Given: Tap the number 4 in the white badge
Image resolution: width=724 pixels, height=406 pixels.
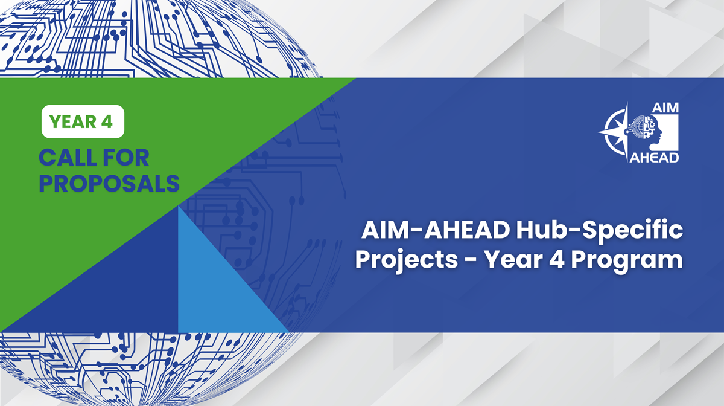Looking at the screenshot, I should pos(107,121).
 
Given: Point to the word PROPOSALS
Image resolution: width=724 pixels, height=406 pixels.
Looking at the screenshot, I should pos(109,183).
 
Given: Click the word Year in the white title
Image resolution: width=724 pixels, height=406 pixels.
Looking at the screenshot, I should pos(512,260).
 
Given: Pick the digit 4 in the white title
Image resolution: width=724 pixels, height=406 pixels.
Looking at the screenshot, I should pos(556,260).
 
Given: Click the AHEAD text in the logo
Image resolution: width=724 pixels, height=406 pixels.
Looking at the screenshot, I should pos(654,157).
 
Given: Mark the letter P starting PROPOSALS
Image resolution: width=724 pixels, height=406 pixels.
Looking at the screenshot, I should pos(47,183).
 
